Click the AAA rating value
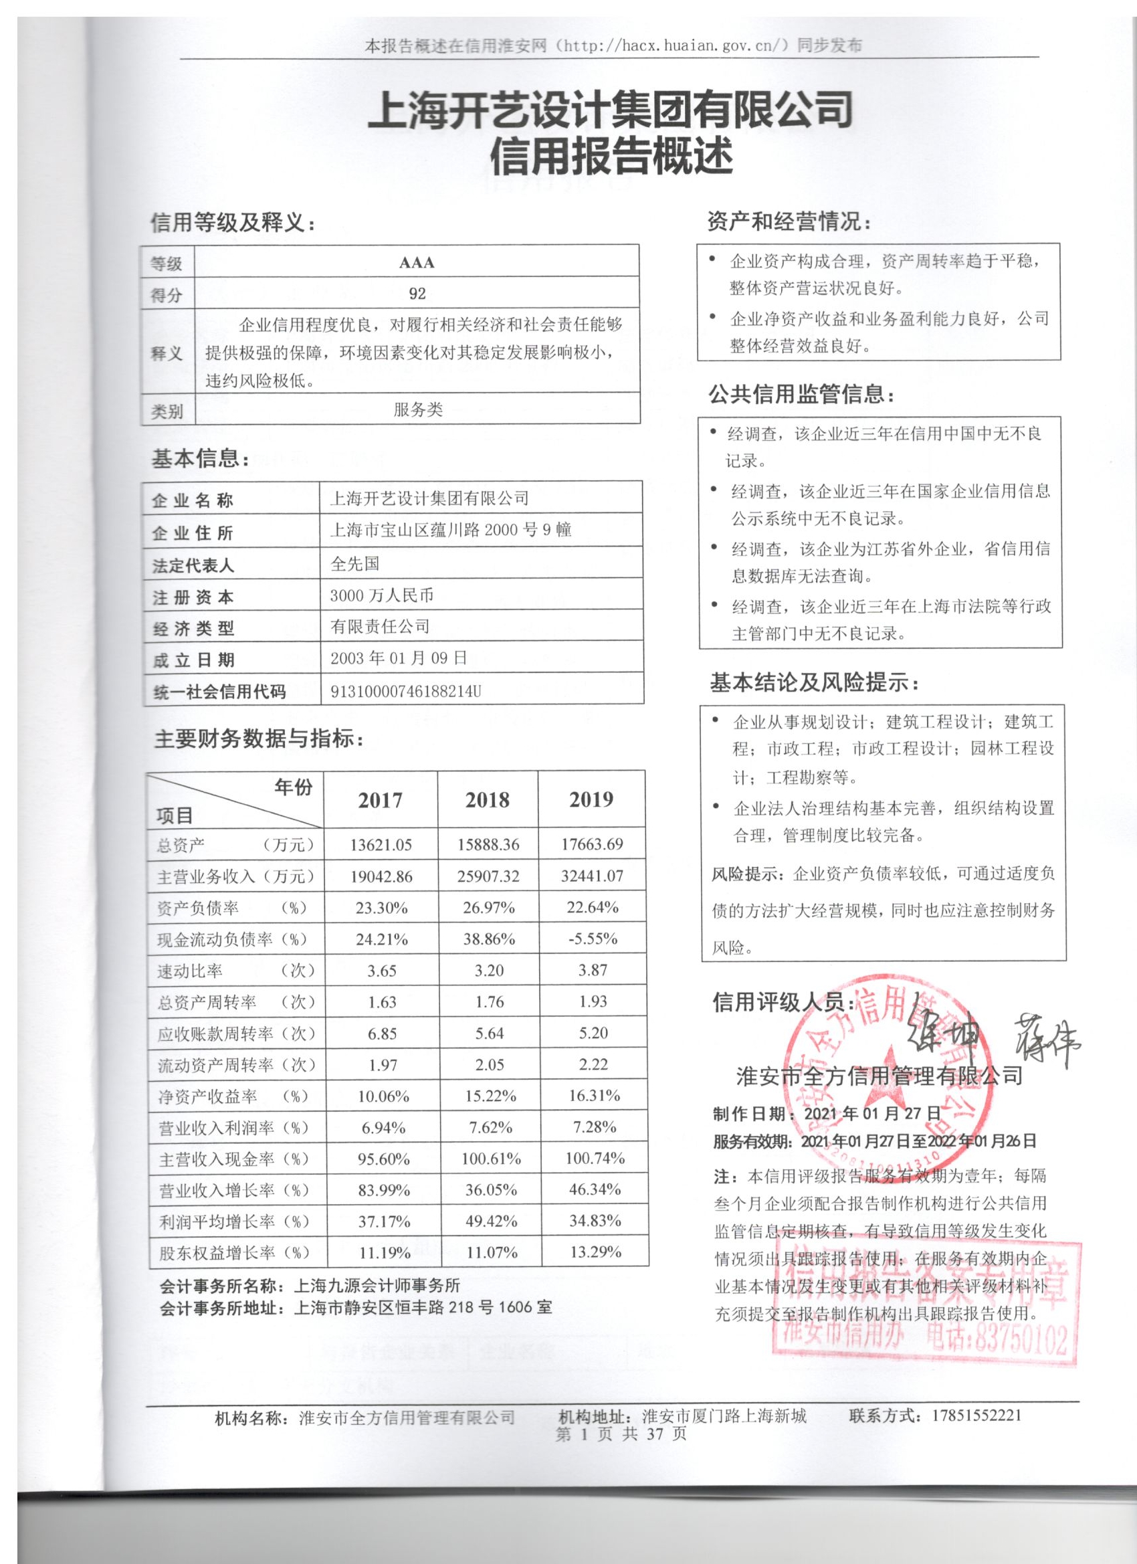tap(417, 263)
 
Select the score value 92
tap(417, 294)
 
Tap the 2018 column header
tap(488, 800)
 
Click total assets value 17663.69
tap(592, 844)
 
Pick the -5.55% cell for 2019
tap(593, 939)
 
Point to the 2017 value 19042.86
tap(381, 876)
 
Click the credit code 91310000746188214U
tap(405, 691)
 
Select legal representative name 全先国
tap(354, 564)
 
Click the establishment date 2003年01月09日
tap(399, 658)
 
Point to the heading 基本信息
tap(200, 459)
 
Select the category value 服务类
tap(418, 410)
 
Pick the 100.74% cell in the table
tap(595, 1159)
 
